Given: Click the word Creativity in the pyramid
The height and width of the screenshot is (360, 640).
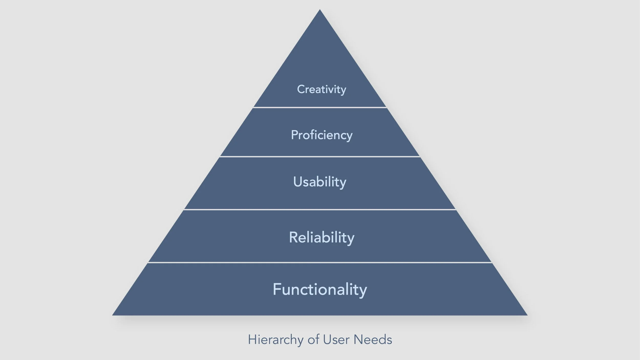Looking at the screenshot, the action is pos(321,89).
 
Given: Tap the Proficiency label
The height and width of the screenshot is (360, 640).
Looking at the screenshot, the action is pos(322,135).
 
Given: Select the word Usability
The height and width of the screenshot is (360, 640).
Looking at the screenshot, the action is pos(319,182).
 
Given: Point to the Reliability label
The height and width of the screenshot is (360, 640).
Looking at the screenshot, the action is pos(322,237).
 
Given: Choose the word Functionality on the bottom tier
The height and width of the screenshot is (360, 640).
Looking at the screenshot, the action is pos(320,289).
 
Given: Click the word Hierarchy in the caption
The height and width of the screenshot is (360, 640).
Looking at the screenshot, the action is pos(275,340).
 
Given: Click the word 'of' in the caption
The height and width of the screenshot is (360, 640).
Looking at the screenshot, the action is pos(313,340).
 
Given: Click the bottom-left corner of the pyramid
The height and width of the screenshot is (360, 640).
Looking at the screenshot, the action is pos(113,315).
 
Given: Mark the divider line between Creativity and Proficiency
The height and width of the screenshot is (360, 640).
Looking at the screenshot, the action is pos(320,108).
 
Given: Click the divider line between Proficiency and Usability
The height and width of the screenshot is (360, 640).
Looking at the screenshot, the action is pos(320,156).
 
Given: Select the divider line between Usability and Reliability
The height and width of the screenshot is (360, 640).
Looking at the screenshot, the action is pos(320,210).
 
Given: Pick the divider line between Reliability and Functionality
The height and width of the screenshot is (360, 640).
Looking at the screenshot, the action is pos(320,262).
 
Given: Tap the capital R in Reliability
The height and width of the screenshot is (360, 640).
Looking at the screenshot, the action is pos(293,237).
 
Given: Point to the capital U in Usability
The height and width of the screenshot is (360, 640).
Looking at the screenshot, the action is pos(298,182).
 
